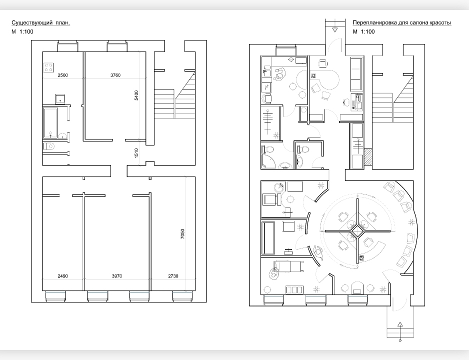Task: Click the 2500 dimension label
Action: [62, 75]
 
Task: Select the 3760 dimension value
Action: [115, 75]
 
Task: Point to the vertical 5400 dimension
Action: [136, 95]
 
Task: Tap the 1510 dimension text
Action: [136, 153]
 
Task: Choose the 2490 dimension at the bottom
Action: [62, 276]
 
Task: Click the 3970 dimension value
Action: [117, 276]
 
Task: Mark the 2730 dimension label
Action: [173, 276]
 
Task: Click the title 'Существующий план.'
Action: [40, 22]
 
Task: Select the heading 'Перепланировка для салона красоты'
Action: [401, 22]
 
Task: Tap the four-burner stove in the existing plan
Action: [48, 67]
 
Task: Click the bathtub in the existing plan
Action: [50, 123]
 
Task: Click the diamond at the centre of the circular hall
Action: [357, 231]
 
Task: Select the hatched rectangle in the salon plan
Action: [367, 158]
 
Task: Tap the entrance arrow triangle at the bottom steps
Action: [400, 324]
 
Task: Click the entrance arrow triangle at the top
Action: [335, 30]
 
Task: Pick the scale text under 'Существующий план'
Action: [22, 31]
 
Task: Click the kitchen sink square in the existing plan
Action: [60, 98]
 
